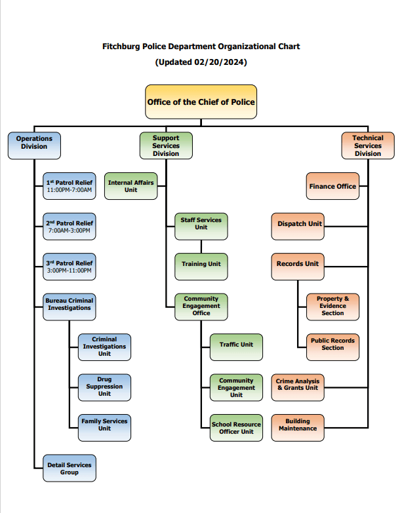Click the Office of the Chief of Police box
pos(201,102)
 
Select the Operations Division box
pos(34,145)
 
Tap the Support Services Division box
pos(166,145)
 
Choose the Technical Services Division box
pos(367,145)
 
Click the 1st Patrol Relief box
pos(70,187)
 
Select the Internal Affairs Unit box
pos(131,186)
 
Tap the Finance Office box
pos(332,186)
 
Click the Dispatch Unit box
pos(299,224)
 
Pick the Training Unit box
pos(201,264)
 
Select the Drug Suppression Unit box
pos(104,387)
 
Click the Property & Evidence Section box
pos(332,306)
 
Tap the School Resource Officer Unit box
pos(236,428)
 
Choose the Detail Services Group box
pos(70,468)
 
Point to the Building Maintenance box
pos(297,425)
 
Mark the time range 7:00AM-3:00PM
pos(70,231)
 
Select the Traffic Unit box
pos(236,345)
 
